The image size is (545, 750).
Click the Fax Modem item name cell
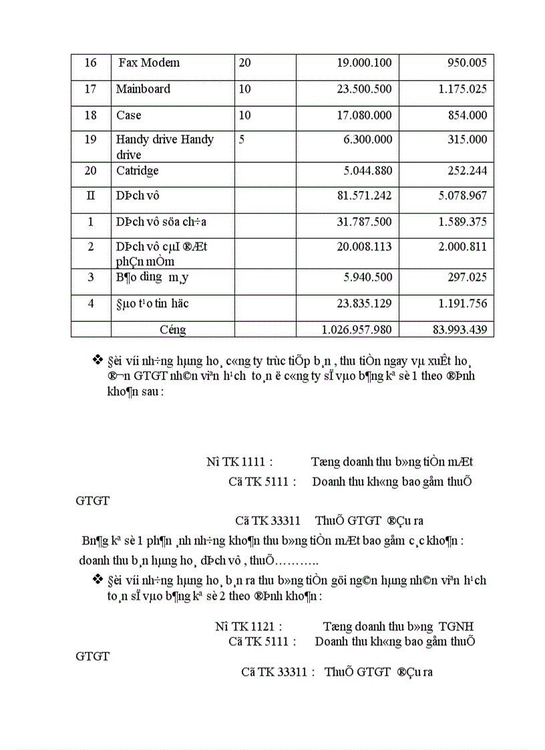coord(149,63)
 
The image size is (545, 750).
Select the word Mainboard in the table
coord(143,89)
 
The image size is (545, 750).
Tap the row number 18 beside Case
coord(91,116)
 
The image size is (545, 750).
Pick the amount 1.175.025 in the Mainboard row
coord(463,89)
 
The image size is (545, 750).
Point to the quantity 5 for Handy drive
coord(242,140)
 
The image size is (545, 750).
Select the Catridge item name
coord(138,171)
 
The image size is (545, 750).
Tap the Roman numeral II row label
coord(91,196)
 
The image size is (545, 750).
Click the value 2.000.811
coord(463,246)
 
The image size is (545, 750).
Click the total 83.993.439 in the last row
coord(460,330)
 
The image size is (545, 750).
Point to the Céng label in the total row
coord(173,330)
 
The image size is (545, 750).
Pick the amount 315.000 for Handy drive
coord(468,140)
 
